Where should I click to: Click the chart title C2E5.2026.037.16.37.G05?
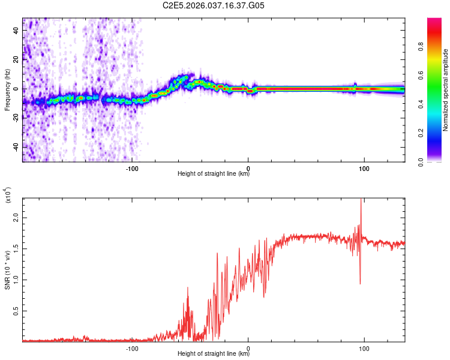214,6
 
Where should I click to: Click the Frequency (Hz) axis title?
7,90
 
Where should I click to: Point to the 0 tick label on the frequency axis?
16,89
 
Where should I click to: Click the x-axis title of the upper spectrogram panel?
214,175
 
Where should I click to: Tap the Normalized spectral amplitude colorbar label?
445,90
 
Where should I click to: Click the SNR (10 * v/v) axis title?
8,269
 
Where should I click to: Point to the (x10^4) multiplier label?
8,196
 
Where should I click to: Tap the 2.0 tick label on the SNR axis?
16,220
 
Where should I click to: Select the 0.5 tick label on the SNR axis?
16,312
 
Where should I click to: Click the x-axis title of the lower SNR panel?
214,353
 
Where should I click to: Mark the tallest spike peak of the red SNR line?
361,200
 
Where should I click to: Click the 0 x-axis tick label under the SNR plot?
248,347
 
